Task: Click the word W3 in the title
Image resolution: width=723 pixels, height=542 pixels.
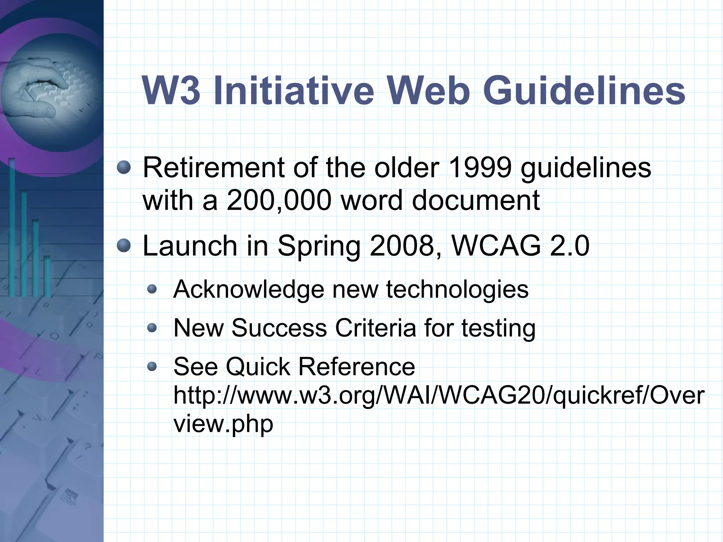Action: point(171,91)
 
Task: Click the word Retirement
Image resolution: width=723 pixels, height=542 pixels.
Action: point(213,168)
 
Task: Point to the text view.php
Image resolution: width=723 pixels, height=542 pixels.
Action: point(223,424)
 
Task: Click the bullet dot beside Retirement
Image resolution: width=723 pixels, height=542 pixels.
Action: point(124,167)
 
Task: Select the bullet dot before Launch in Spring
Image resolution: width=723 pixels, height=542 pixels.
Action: point(124,245)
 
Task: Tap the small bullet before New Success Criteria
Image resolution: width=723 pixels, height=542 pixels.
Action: point(152,328)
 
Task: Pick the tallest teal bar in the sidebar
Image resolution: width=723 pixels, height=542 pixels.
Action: point(12,226)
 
